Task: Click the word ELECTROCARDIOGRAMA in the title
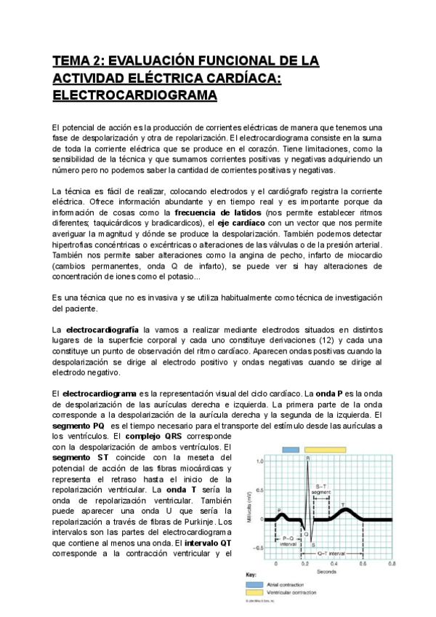pyautogui.click(x=134, y=95)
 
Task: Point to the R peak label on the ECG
pyautogui.click(x=307, y=458)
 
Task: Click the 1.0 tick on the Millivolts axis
pyautogui.click(x=259, y=462)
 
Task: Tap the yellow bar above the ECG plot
pyautogui.click(x=325, y=450)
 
